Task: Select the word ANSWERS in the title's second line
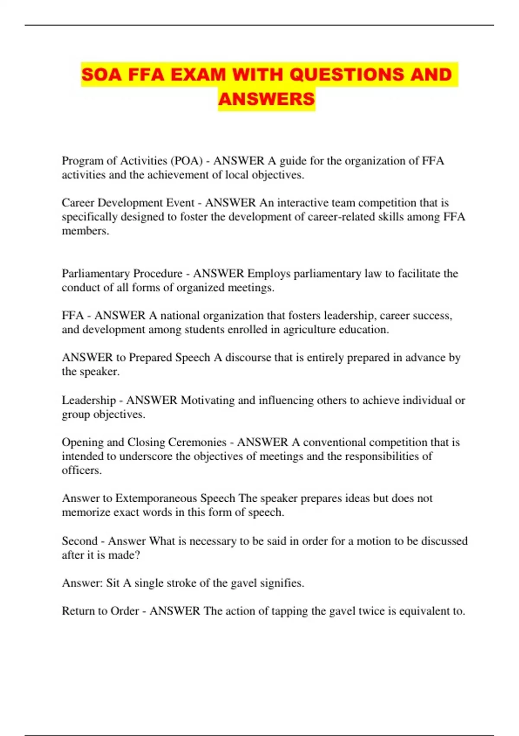[x=266, y=99]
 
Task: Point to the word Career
[x=78, y=203]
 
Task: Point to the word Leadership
[x=89, y=400]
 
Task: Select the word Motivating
[x=208, y=400]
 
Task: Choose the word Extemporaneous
[x=156, y=498]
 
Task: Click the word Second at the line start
[x=79, y=541]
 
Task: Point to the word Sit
[x=112, y=583]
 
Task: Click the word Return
[x=78, y=611]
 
